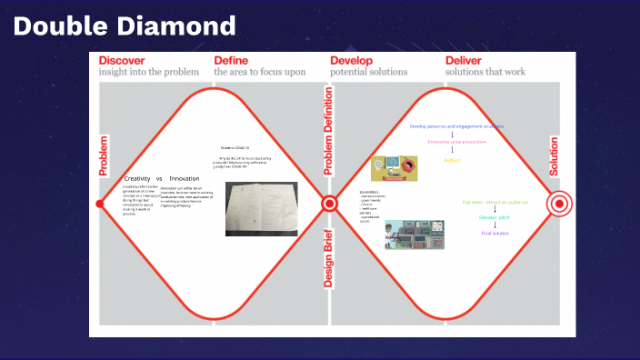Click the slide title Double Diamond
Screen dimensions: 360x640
pyautogui.click(x=125, y=25)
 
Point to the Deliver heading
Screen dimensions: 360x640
pyautogui.click(x=470, y=61)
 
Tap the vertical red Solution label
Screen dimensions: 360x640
pyautogui.click(x=555, y=156)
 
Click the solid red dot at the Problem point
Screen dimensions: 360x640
pyautogui.click(x=100, y=204)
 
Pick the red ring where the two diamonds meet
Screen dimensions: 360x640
pyautogui.click(x=329, y=204)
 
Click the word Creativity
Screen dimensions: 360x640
pyautogui.click(x=137, y=178)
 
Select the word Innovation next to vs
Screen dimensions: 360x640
pyautogui.click(x=185, y=178)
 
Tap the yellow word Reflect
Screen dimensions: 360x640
pyautogui.click(x=452, y=160)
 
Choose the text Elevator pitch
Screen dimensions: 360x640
pyautogui.click(x=495, y=217)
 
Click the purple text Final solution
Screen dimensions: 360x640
pyautogui.click(x=495, y=234)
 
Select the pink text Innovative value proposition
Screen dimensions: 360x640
pyautogui.click(x=456, y=143)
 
